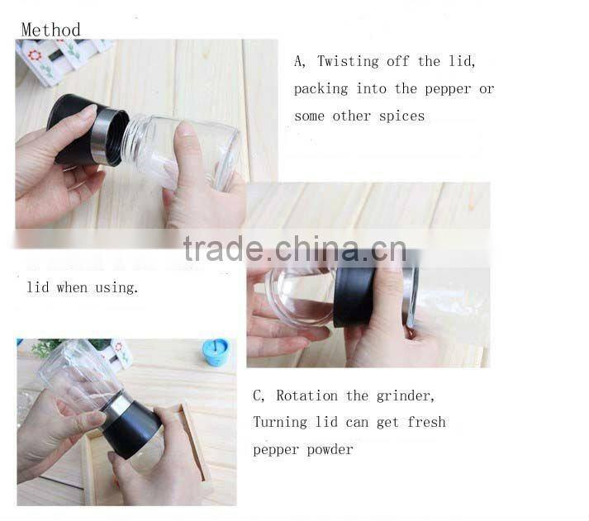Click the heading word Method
pos(50,30)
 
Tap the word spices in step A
pos(401,116)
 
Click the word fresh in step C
pos(426,422)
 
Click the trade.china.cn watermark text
pos(294,248)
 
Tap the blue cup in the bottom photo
pos(216,352)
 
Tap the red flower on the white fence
pos(35,55)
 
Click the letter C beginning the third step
pos(258,395)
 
